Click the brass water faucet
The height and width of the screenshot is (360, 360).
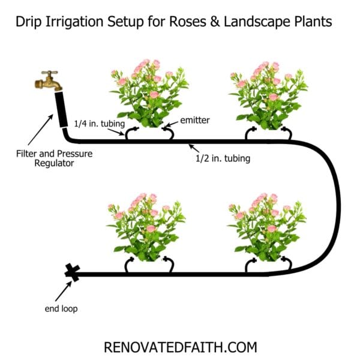49,80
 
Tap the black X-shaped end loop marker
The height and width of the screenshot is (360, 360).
73,274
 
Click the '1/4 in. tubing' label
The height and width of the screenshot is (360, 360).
99,124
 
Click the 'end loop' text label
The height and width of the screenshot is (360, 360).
60,309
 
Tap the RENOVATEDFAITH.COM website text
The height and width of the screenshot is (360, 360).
180,346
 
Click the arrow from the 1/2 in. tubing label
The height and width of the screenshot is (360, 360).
198,149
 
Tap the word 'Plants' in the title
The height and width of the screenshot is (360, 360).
316,23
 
